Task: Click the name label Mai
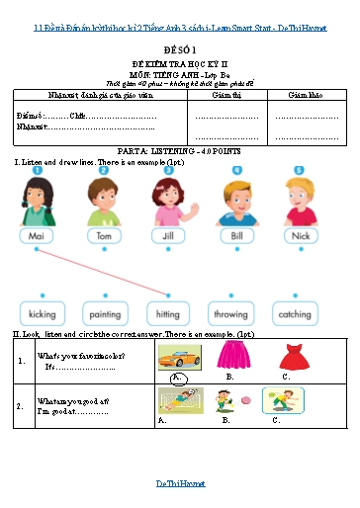tap(37, 237)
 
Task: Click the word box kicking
tap(38, 314)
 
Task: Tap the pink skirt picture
tap(233, 357)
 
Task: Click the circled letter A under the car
tap(178, 378)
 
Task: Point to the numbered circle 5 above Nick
tap(299, 170)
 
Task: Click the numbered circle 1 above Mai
tap(36, 170)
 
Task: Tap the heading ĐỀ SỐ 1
tap(180, 47)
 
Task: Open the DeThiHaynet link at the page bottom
tap(180, 484)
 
